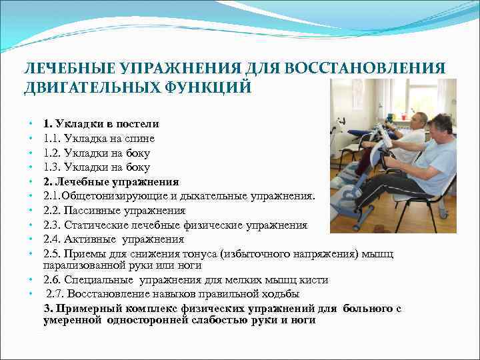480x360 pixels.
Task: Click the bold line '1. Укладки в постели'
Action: click(x=101, y=124)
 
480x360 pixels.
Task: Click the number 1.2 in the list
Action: click(x=52, y=153)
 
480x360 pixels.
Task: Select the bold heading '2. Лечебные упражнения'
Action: click(x=111, y=181)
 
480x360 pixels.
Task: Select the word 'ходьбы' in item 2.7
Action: click(x=283, y=294)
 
